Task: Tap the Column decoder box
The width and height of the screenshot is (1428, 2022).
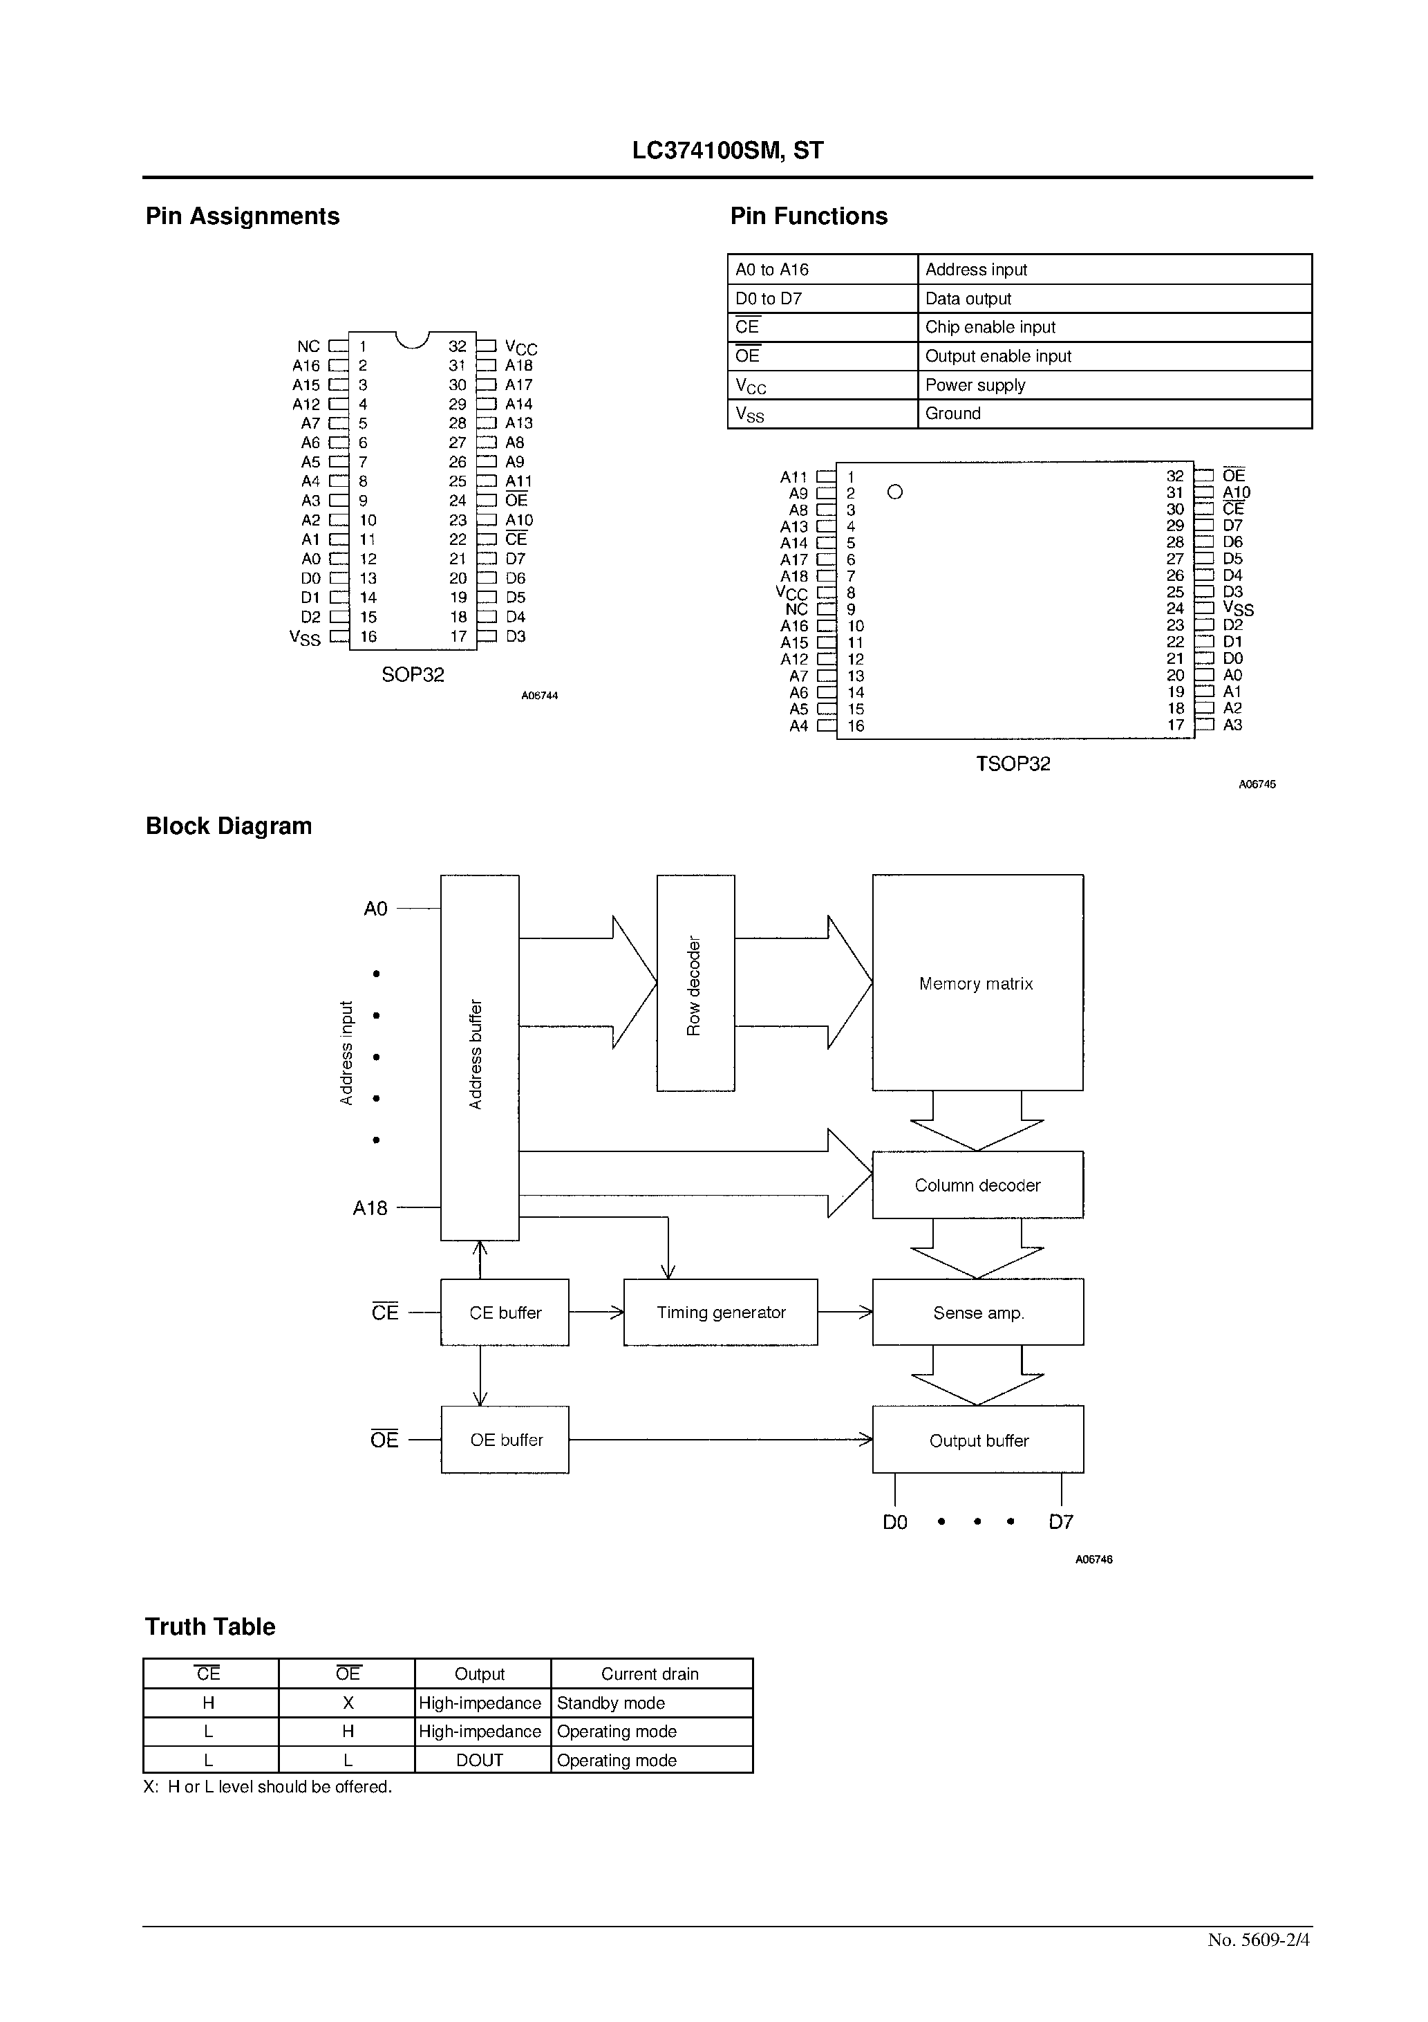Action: click(977, 1185)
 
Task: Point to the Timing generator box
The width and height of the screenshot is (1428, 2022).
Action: click(720, 1313)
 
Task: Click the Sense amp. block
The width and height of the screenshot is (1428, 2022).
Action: click(977, 1313)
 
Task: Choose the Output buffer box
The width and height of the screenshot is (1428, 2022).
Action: click(977, 1440)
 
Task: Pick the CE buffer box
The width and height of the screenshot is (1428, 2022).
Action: click(505, 1313)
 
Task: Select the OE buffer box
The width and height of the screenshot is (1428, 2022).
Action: click(505, 1440)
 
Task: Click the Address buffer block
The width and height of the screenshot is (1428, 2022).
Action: click(479, 1057)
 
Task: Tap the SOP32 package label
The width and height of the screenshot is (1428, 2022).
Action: click(412, 675)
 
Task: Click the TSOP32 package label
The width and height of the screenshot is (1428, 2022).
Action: click(1013, 763)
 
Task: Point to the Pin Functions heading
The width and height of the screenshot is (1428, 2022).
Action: click(808, 216)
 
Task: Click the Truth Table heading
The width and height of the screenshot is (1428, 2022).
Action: click(209, 1626)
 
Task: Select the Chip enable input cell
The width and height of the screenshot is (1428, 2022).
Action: click(990, 326)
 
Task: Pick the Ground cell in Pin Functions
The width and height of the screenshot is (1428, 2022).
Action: click(952, 413)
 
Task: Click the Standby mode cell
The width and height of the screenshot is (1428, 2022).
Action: click(611, 1703)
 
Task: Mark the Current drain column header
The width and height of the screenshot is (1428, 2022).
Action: click(650, 1674)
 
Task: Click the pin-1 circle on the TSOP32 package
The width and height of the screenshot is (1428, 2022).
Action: click(894, 492)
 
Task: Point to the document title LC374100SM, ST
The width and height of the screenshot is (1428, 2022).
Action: click(727, 151)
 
